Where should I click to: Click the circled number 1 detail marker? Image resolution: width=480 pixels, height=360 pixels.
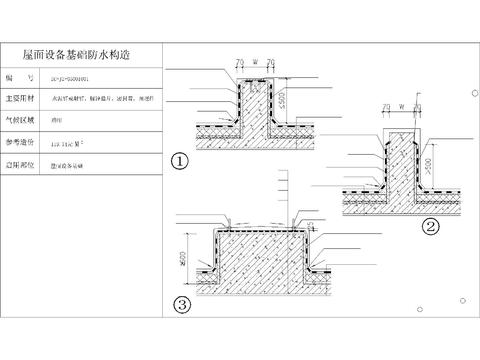tap(179, 159)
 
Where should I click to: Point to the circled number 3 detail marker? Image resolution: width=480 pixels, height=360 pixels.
tap(179, 304)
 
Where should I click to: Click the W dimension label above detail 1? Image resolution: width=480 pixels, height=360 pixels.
tap(257, 63)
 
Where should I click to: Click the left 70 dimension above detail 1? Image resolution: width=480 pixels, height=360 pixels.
tap(241, 63)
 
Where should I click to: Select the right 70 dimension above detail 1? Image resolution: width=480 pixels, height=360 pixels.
tap(272, 63)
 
